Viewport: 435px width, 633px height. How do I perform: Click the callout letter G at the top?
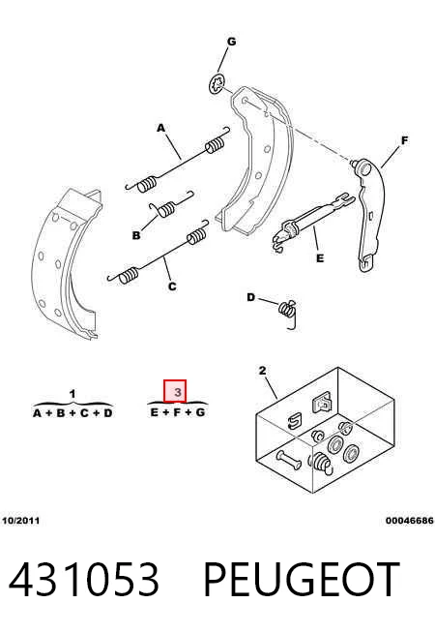pyautogui.click(x=231, y=42)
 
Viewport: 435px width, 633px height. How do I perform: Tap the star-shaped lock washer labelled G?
pyautogui.click(x=217, y=84)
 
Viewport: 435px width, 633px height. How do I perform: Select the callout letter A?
pyautogui.click(x=160, y=128)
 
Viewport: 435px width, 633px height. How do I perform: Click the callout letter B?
pyautogui.click(x=136, y=235)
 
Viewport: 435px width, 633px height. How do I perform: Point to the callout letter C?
pyautogui.click(x=172, y=286)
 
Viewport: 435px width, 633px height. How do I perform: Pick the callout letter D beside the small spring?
pyautogui.click(x=250, y=297)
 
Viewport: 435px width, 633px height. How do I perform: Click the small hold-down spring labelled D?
pyautogui.click(x=288, y=314)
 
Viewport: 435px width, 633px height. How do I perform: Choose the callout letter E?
pyautogui.click(x=320, y=258)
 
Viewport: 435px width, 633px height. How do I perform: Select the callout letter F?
pyautogui.click(x=404, y=140)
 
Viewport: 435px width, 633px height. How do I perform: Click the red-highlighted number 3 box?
pyautogui.click(x=175, y=391)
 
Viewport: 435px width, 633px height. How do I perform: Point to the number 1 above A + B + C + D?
pyautogui.click(x=72, y=394)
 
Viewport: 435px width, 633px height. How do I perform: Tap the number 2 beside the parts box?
pyautogui.click(x=263, y=371)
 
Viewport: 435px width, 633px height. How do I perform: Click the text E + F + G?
pyautogui.click(x=178, y=412)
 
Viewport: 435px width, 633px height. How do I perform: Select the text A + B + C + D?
pyautogui.click(x=72, y=413)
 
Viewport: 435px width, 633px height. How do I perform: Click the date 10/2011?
pyautogui.click(x=21, y=521)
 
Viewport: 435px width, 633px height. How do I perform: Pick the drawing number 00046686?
pyautogui.click(x=410, y=521)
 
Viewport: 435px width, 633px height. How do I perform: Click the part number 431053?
pyautogui.click(x=84, y=579)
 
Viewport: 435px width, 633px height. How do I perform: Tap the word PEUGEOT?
pyautogui.click(x=301, y=579)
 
